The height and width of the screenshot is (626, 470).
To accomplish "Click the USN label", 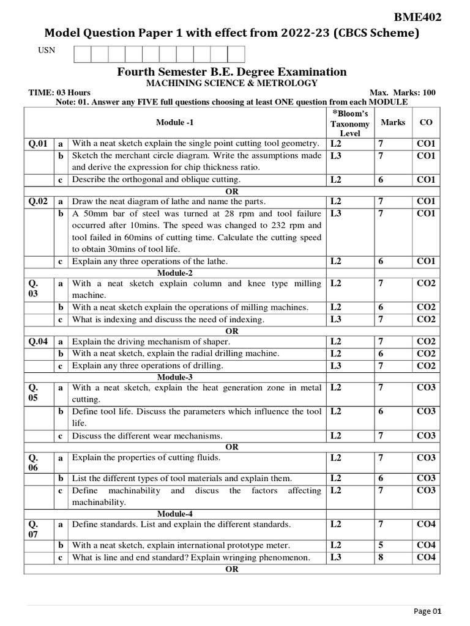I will tap(47, 50).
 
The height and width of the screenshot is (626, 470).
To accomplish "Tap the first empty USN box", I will tap(82, 54).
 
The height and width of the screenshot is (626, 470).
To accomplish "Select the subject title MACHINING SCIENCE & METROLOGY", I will tap(231, 83).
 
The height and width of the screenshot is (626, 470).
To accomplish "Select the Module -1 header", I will tap(174, 122).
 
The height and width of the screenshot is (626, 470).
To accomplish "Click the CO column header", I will tap(426, 122).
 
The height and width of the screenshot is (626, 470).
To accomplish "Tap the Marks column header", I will tap(393, 122).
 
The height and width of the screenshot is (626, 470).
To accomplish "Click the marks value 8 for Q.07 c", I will tap(380, 557).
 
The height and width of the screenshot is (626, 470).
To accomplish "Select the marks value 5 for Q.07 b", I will tap(380, 545).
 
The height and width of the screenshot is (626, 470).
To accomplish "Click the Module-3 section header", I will tap(174, 377).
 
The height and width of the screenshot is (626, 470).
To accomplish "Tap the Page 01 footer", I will tap(427, 611).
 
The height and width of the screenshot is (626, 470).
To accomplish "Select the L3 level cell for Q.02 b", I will tap(335, 213).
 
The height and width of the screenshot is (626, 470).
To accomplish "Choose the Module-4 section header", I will tap(174, 514).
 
